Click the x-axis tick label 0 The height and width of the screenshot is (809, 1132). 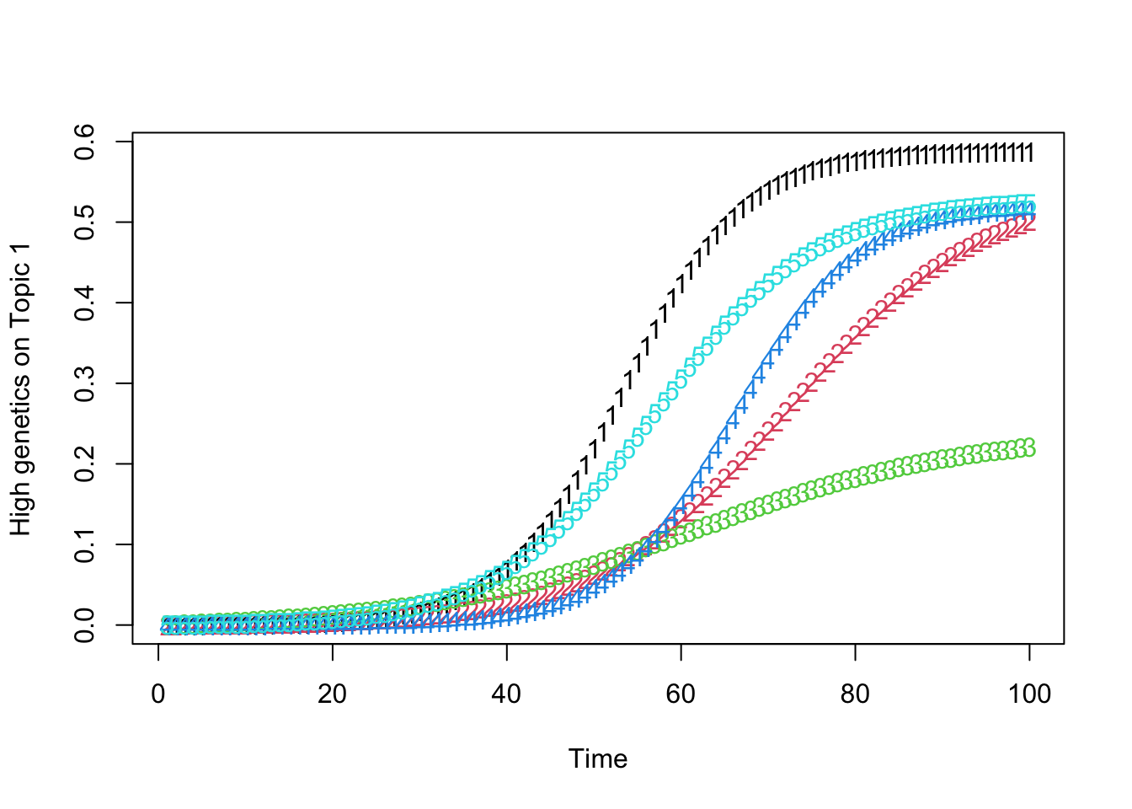[158, 694]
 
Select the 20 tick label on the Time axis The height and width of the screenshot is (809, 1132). [333, 694]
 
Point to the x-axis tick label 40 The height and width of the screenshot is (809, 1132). [507, 694]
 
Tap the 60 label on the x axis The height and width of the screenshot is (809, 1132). [681, 694]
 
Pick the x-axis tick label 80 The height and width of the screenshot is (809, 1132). [855, 694]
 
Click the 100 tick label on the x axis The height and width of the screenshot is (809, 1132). [1029, 694]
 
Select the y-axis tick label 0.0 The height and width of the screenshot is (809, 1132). [84, 625]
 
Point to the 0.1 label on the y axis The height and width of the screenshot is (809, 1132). [84, 544]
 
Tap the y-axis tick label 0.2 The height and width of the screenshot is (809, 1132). [84, 464]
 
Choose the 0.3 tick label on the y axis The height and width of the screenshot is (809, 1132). [84, 383]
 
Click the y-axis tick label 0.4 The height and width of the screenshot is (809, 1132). [84, 303]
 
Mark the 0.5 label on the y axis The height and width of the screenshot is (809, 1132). [84, 222]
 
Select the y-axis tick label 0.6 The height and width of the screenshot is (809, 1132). [84, 142]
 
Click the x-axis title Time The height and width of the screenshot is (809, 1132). [598, 758]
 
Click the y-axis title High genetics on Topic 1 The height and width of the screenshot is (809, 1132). [21, 389]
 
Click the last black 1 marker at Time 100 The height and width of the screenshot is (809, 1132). [1029, 153]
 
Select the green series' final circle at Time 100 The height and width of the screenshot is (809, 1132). [1028, 447]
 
